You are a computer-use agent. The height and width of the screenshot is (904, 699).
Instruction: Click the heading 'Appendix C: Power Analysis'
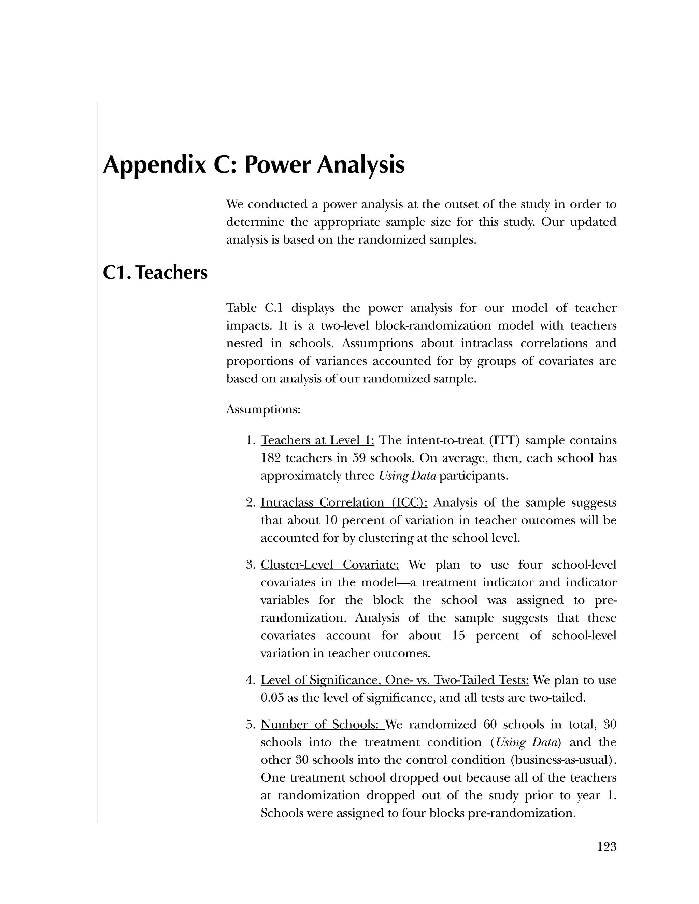tap(254, 165)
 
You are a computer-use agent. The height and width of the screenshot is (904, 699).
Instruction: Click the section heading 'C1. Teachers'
tap(155, 273)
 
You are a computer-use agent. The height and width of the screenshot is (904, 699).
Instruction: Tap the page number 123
tap(607, 847)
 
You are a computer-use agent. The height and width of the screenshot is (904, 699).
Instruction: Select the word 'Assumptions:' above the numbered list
tap(263, 410)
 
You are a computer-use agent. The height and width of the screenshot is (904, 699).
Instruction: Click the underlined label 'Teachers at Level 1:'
tap(317, 440)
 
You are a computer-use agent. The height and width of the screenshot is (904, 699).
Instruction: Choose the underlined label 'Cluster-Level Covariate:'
tap(330, 565)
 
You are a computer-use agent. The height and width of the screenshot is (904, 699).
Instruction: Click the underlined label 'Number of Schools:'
tap(322, 724)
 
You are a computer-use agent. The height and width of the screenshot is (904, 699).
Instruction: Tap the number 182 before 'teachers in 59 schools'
tap(270, 458)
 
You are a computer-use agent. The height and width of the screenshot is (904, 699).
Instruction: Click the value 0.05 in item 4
tap(272, 698)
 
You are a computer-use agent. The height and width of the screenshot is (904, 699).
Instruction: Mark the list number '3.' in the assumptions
tap(250, 565)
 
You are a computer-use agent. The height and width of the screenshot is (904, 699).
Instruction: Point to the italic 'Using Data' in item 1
tap(408, 476)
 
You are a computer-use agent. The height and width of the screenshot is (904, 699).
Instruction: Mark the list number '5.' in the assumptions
tap(250, 724)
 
